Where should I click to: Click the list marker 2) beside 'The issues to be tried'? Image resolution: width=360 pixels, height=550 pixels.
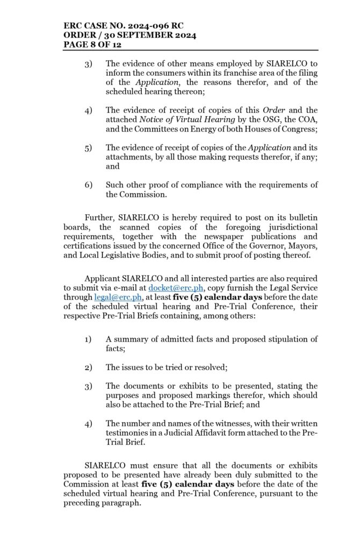click(88, 367)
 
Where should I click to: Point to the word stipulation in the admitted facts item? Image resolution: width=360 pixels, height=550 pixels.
click(284, 339)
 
